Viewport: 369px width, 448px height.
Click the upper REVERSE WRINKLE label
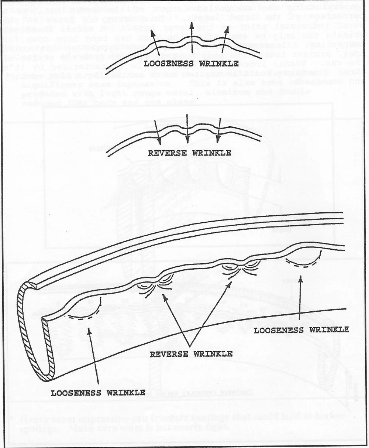[190, 153]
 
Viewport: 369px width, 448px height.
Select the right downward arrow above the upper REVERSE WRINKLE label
[219, 130]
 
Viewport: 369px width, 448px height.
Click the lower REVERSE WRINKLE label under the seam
[191, 354]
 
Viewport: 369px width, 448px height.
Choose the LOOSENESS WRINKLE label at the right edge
[301, 330]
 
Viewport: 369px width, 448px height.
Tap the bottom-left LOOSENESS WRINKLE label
[98, 393]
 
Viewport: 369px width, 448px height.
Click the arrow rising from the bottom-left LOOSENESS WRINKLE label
[94, 355]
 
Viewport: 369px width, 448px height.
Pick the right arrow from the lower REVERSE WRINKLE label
[211, 314]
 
